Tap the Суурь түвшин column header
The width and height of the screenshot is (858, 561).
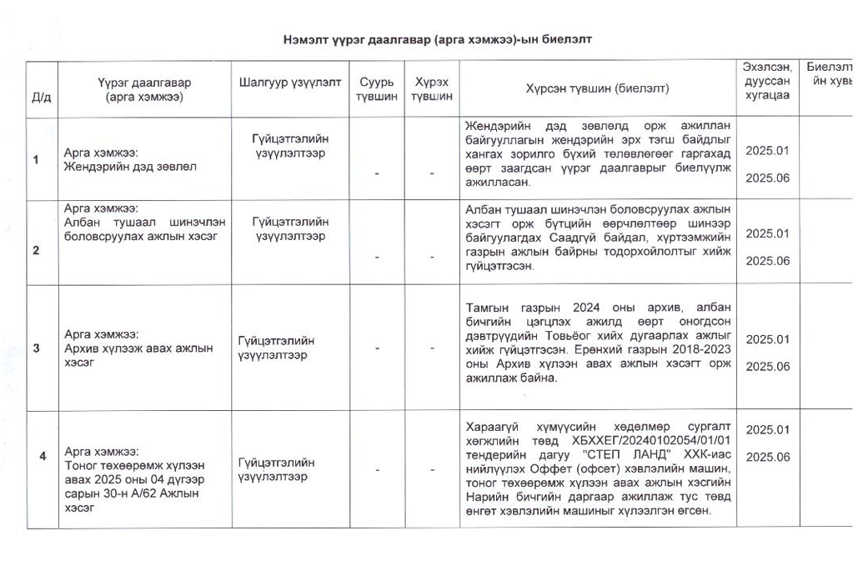[x=370, y=89]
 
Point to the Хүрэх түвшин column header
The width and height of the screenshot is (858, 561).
[x=432, y=89]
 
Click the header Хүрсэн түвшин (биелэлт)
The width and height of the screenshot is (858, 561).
[x=597, y=88]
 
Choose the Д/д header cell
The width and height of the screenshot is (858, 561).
[x=41, y=97]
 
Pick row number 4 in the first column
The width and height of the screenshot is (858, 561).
[x=43, y=455]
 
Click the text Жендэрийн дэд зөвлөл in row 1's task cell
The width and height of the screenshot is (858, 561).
[x=130, y=166]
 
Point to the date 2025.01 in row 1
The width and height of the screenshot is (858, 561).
[x=766, y=151]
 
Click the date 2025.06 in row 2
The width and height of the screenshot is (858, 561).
[x=766, y=261]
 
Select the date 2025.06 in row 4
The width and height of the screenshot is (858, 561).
[x=766, y=457]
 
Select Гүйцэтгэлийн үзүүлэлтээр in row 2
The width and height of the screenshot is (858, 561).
[x=289, y=228]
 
